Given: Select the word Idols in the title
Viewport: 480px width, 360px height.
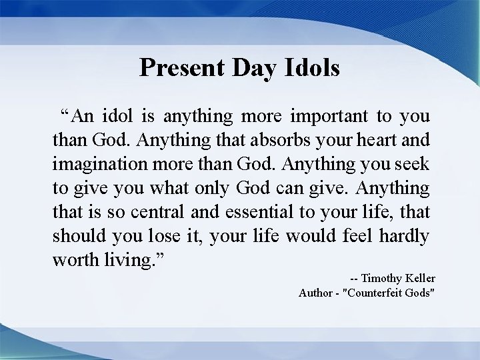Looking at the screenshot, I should (311, 67).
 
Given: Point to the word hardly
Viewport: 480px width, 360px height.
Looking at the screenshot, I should (403, 236).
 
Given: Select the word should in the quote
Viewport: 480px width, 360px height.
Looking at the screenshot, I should (76, 236).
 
